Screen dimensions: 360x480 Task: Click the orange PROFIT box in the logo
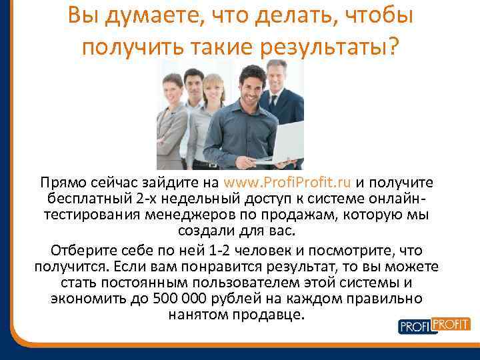click(x=451, y=324)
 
